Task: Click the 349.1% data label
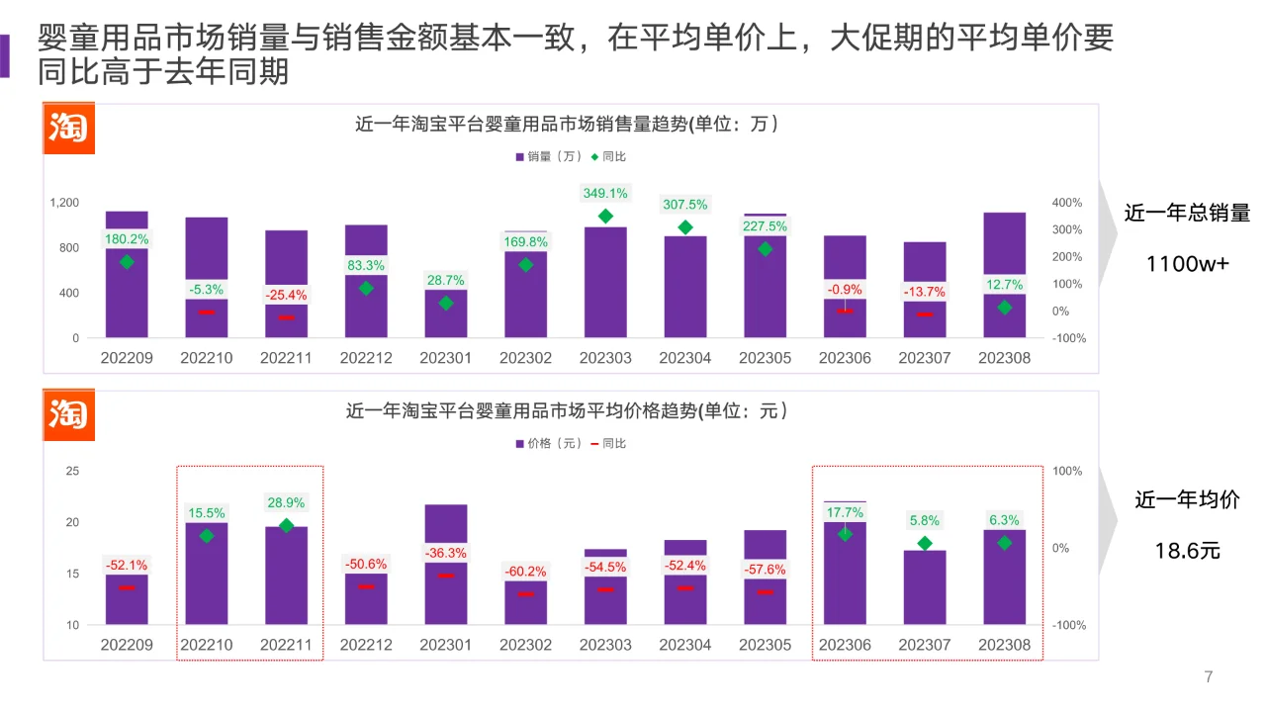click(605, 193)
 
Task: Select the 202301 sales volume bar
click(446, 313)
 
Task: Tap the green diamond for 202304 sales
click(685, 227)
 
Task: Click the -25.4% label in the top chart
click(286, 295)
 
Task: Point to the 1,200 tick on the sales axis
click(64, 203)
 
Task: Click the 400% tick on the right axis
click(1067, 203)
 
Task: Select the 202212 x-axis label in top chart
click(366, 358)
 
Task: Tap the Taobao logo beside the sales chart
click(68, 129)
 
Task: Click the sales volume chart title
click(567, 125)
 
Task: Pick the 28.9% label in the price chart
click(286, 502)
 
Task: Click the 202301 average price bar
click(446, 564)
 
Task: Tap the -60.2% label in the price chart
click(525, 572)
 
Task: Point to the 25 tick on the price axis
click(72, 471)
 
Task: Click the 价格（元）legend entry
click(547, 443)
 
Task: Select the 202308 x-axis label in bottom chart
click(1004, 645)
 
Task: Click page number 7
click(1209, 677)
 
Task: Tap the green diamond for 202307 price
click(925, 543)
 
